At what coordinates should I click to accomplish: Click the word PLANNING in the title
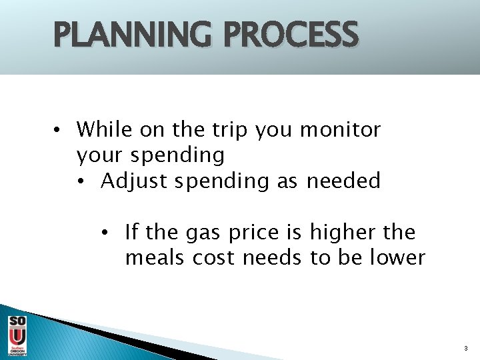click(133, 35)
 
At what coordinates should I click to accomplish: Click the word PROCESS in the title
click(291, 35)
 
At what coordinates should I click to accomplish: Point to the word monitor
click(340, 129)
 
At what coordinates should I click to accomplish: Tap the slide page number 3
click(465, 348)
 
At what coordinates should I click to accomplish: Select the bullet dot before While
click(59, 129)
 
